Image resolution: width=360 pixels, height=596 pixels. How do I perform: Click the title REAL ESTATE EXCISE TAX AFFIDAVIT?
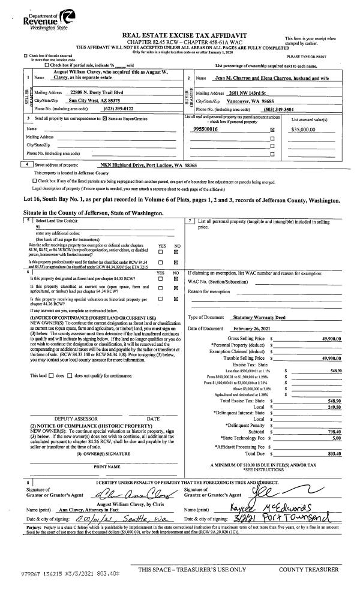point(184,37)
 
